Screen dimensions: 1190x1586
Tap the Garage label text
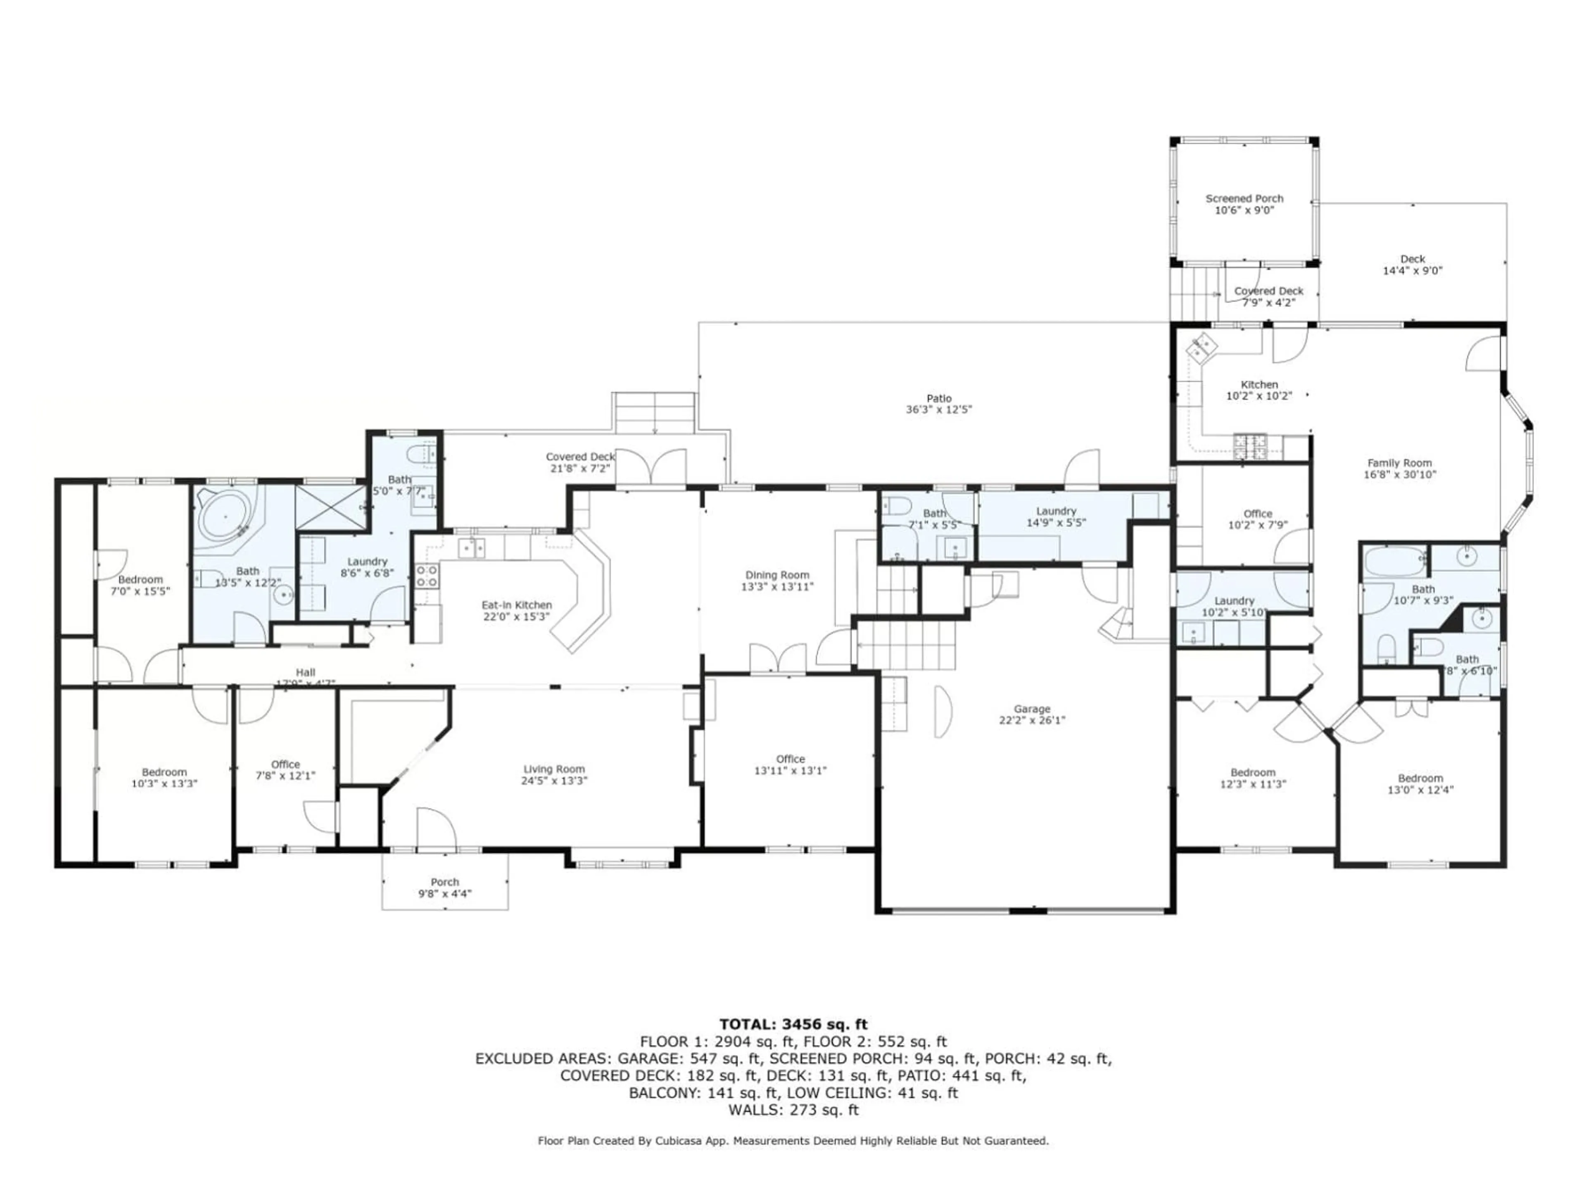[1032, 709]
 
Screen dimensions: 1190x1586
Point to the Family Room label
[1400, 463]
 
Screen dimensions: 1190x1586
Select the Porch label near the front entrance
[444, 882]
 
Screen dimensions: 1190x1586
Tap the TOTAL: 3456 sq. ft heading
[793, 1024]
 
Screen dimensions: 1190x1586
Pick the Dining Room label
[777, 575]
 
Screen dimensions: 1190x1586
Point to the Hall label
[306, 672]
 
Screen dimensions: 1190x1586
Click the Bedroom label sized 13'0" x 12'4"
[1420, 778]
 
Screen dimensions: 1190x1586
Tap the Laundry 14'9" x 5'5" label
[1056, 512]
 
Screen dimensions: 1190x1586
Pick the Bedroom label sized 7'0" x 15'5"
[140, 580]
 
